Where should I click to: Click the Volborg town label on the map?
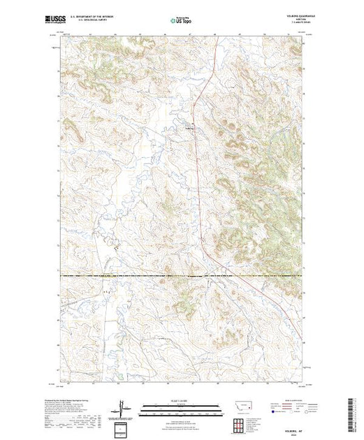pos(190,129)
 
